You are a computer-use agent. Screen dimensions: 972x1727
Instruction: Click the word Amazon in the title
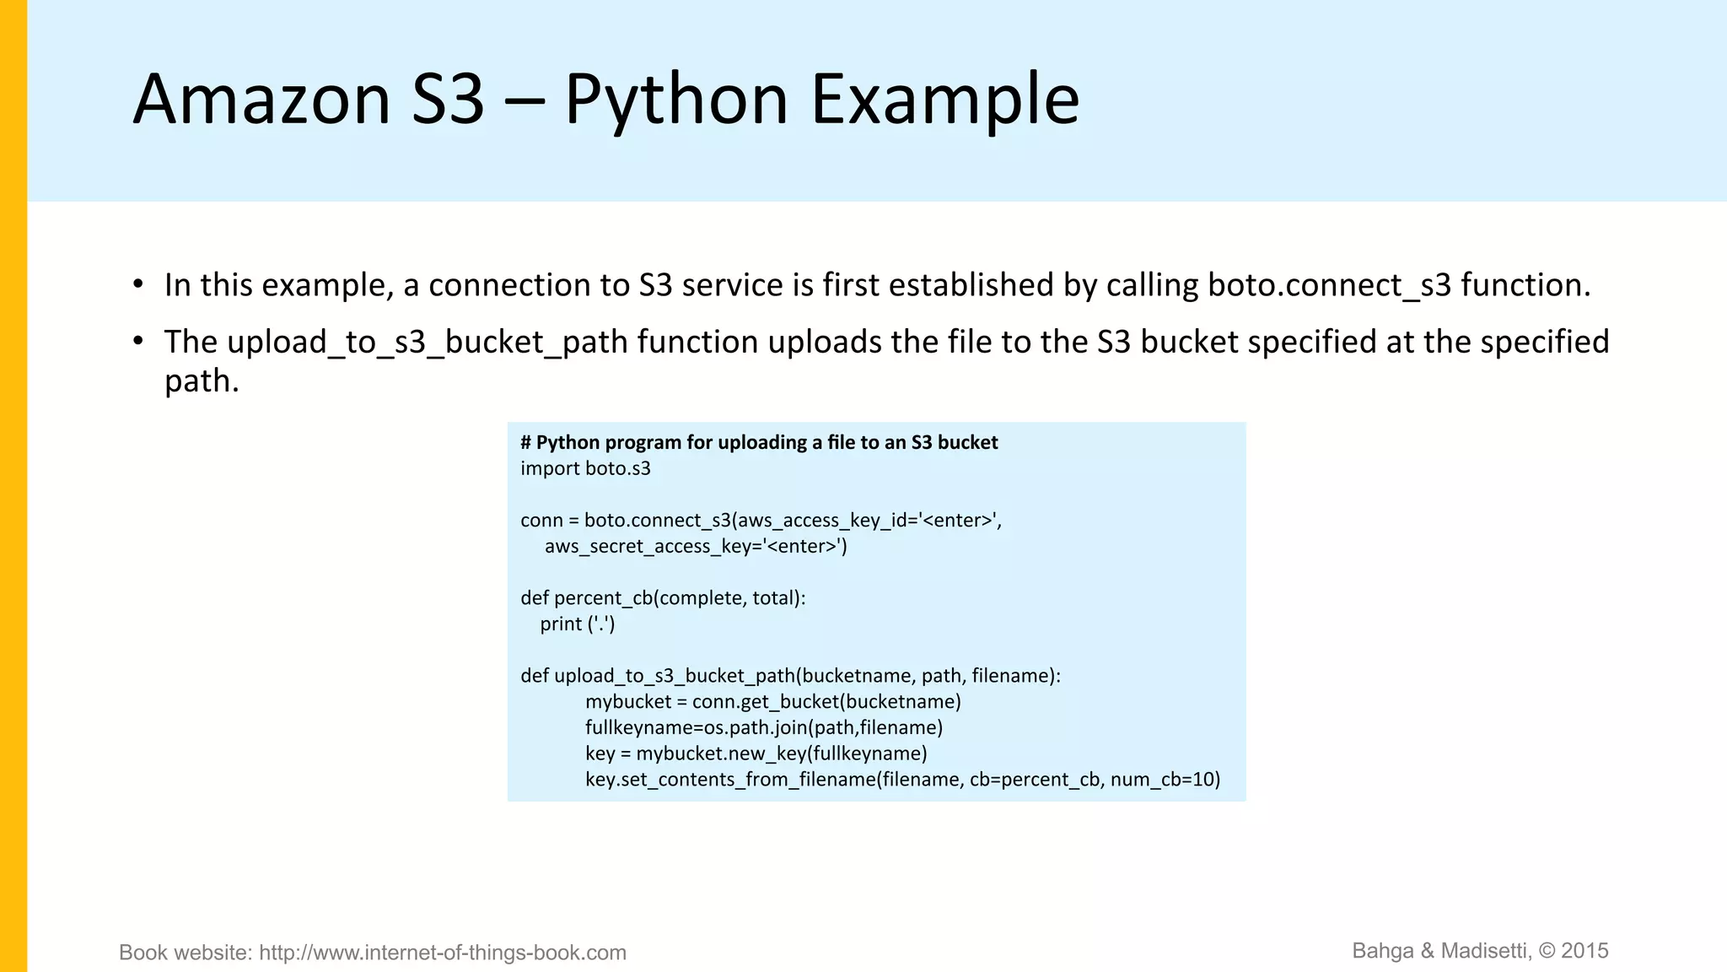click(261, 100)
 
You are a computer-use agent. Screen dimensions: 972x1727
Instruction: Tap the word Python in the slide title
click(675, 100)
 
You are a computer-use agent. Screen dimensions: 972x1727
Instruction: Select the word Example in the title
click(944, 100)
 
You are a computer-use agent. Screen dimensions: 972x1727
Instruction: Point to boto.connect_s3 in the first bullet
click(1329, 285)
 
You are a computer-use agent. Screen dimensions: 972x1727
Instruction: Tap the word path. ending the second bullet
click(202, 381)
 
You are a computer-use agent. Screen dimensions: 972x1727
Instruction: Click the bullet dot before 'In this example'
click(138, 283)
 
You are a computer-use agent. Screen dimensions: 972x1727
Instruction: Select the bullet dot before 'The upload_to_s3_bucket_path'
click(138, 340)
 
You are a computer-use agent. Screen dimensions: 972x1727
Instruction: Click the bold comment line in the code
click(759, 443)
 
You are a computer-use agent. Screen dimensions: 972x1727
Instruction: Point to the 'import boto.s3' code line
click(585, 468)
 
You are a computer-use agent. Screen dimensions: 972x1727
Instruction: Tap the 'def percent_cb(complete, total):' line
click(663, 598)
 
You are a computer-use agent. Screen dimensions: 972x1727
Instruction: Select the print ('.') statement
click(578, 624)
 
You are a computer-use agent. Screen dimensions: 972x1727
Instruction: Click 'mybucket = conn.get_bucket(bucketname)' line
click(772, 702)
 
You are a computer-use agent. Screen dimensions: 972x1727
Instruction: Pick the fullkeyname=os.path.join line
click(763, 727)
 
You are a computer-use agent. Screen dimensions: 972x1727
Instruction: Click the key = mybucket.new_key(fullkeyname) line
click(756, 753)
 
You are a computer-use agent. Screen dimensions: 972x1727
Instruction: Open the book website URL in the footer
click(442, 953)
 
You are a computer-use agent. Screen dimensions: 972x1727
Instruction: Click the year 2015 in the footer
click(1584, 951)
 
